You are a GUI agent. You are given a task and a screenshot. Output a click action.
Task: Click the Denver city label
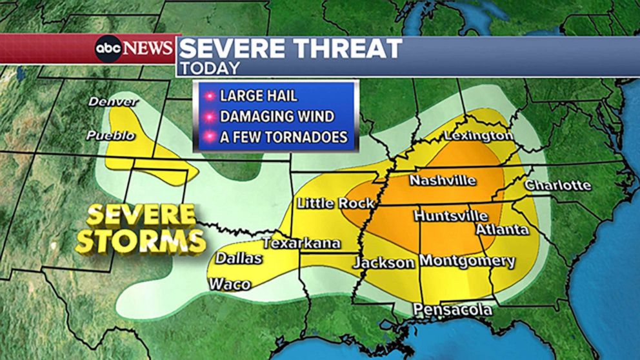click(114, 102)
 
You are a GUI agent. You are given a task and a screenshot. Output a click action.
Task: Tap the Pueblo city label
click(111, 135)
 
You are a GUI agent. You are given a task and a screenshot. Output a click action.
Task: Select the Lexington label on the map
click(478, 135)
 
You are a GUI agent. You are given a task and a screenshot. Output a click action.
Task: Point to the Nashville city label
click(443, 180)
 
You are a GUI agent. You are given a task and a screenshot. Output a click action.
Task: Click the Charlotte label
click(557, 185)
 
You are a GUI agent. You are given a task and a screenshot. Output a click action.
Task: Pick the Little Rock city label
click(335, 203)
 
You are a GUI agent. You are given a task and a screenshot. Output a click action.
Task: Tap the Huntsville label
click(450, 215)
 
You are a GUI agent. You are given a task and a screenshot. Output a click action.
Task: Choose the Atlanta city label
click(502, 229)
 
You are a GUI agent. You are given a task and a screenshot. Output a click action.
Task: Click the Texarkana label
click(301, 243)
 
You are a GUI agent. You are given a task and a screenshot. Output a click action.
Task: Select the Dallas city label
click(239, 258)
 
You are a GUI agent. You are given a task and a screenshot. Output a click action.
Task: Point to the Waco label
click(229, 284)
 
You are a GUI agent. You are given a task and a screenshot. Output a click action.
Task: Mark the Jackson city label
click(383, 263)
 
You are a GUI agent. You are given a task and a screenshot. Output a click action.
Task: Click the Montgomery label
click(467, 261)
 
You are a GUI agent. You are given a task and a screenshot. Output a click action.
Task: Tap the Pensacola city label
click(452, 310)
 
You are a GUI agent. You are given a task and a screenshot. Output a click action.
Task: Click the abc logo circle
click(108, 48)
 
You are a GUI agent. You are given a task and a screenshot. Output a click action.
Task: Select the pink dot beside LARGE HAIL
click(209, 96)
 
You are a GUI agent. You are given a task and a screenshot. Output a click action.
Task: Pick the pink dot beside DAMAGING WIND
click(209, 117)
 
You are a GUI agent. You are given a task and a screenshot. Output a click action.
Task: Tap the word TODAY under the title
click(209, 68)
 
